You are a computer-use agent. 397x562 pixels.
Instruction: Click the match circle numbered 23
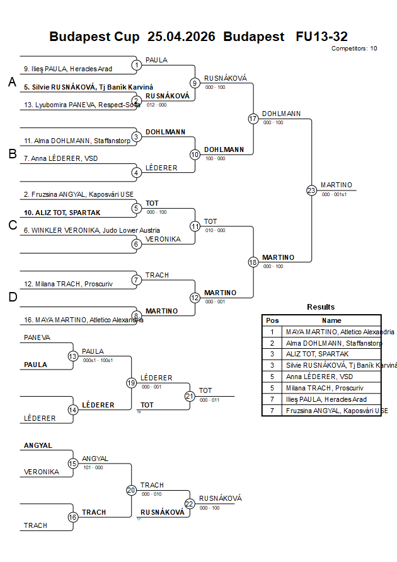coord(311,190)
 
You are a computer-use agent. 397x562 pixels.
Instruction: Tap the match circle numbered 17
coord(253,119)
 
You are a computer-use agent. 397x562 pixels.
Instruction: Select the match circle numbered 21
coord(190,396)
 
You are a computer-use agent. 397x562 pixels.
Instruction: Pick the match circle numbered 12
coord(195,298)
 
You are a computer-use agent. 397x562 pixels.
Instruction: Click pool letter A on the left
coord(12,82)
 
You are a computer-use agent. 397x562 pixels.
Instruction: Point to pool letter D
coord(12,298)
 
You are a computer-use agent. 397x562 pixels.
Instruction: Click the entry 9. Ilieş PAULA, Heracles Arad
coord(68,69)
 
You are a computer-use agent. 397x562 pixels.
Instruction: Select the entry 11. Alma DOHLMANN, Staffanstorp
coord(77,141)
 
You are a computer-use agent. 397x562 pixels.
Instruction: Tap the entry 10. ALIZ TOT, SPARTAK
coord(62,213)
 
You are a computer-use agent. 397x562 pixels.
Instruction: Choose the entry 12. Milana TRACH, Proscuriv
coord(68,284)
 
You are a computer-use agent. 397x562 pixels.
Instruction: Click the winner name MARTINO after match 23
coord(336,185)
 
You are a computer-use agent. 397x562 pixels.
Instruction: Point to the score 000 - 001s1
coord(335,194)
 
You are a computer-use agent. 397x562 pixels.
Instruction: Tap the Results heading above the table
coord(321,307)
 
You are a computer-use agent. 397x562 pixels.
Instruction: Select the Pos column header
coord(272,320)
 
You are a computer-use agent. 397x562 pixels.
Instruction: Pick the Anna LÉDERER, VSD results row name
coord(320,377)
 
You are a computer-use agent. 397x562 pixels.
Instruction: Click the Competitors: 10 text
coord(354,48)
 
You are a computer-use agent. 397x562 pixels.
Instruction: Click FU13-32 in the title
coord(321,37)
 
